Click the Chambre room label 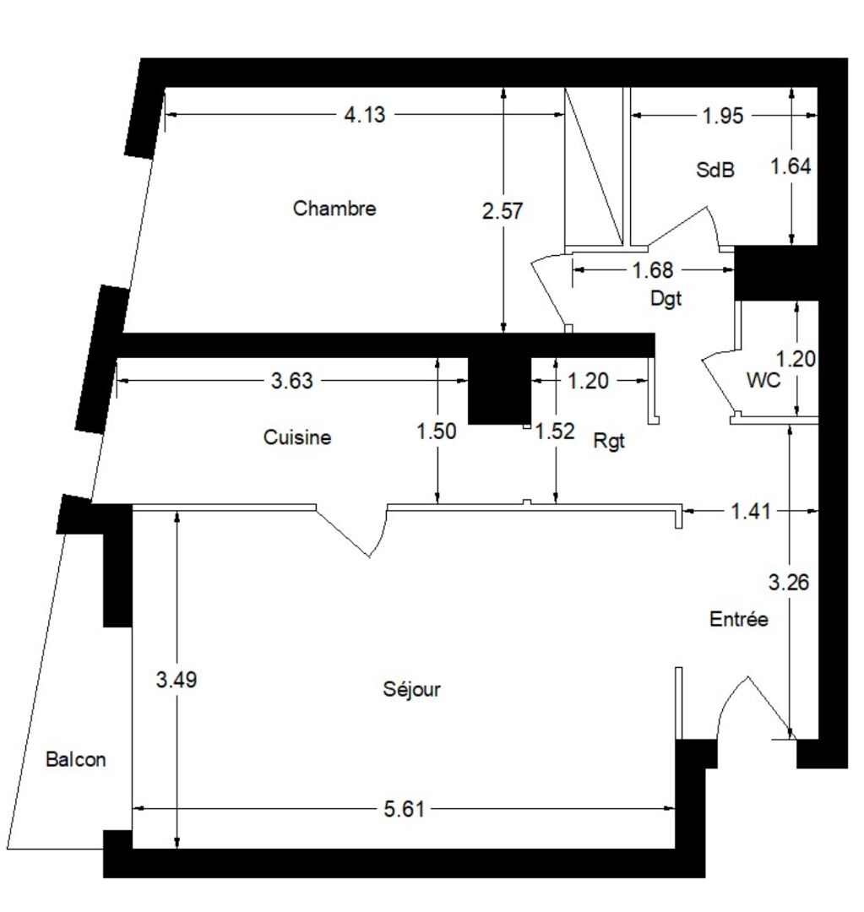[334, 209]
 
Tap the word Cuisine [296, 437]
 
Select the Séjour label [411, 690]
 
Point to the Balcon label [76, 759]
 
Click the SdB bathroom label [715, 170]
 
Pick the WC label [763, 380]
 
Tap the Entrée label [738, 618]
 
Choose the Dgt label [666, 299]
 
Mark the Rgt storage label [609, 441]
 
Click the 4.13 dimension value [364, 115]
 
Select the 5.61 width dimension [404, 809]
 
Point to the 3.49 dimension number [177, 679]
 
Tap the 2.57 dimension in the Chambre [503, 210]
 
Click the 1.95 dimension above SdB [723, 116]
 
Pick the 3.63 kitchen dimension [291, 381]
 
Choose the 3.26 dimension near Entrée [788, 582]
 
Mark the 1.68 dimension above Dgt [653, 270]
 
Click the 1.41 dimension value [751, 511]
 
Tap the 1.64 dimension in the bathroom [791, 167]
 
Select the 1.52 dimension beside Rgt [555, 431]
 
